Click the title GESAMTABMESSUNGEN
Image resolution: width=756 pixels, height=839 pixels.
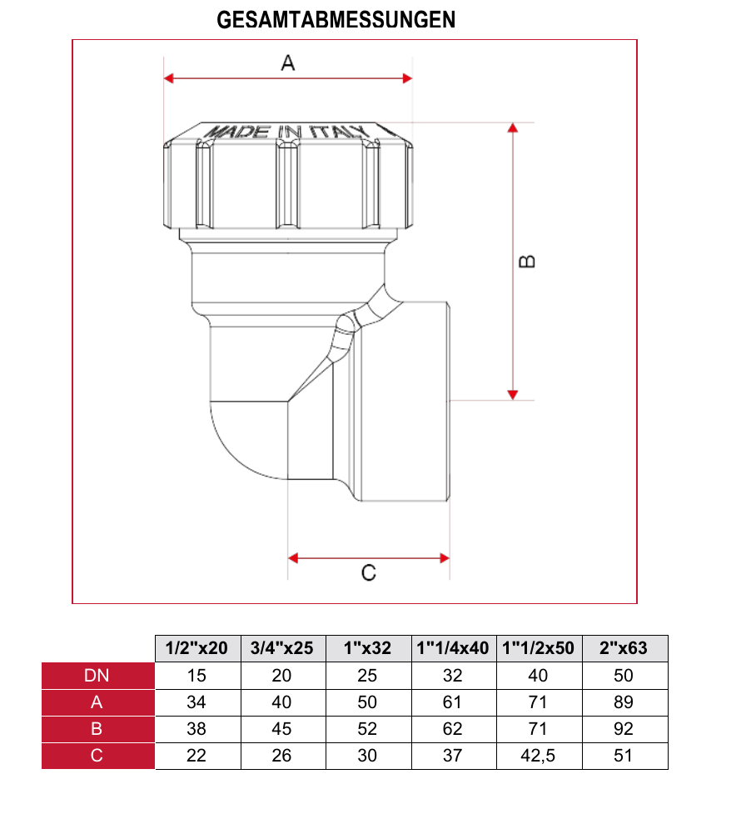pos(336,19)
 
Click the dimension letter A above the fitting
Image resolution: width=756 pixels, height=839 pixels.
pos(288,62)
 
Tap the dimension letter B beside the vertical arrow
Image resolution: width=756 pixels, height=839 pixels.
pos(527,261)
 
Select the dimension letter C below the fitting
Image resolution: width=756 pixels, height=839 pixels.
pos(368,573)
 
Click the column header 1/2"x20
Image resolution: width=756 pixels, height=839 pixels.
pos(197,648)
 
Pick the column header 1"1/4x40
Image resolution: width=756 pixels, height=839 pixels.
pos(452,648)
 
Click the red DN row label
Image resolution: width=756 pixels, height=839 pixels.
pos(97,676)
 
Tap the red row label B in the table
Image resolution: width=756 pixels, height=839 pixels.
pos(97,729)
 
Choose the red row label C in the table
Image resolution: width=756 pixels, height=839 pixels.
pos(97,756)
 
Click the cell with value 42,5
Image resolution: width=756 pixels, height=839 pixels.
pos(538,756)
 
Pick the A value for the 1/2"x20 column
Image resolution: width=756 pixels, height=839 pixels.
pos(197,702)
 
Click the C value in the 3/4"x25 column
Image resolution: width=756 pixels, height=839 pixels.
pos(282,756)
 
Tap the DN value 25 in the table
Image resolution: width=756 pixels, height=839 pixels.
pos(367,676)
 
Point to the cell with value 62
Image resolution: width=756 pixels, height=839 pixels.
pos(452,729)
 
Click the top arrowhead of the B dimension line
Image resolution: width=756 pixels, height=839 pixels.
pos(513,127)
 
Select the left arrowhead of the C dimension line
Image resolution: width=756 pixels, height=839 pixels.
pos(293,557)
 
